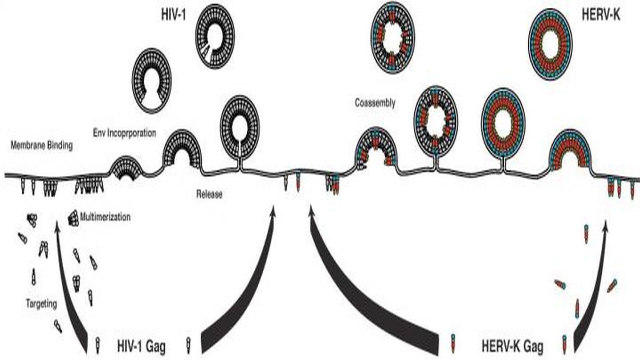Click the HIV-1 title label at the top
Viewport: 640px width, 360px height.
173,15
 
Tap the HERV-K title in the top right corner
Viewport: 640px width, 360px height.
601,15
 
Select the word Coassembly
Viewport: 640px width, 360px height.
375,103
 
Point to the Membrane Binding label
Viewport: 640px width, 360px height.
42,146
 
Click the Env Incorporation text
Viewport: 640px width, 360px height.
124,133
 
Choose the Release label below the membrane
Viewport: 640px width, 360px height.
209,194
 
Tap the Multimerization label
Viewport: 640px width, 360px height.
105,217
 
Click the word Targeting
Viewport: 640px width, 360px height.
41,304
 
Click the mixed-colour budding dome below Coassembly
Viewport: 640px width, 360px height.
376,148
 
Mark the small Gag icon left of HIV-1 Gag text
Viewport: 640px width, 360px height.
97,345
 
